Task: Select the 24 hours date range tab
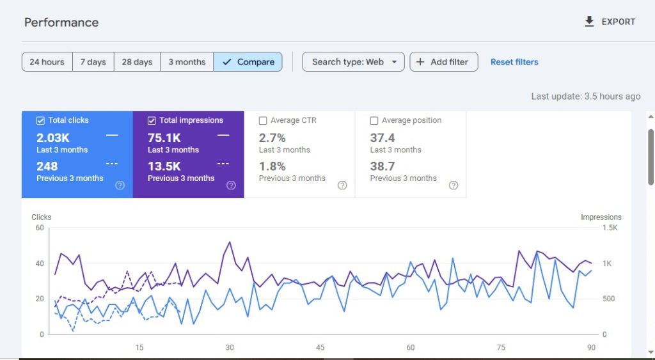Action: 47,62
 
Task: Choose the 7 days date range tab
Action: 93,62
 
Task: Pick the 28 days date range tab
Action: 137,62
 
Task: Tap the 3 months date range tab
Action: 187,62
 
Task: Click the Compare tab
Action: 248,62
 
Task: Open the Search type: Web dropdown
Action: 353,62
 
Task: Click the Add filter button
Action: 443,62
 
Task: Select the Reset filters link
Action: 514,62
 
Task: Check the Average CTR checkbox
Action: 263,120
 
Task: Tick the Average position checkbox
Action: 374,120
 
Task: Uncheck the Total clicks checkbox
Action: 41,120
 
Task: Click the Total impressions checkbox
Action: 152,120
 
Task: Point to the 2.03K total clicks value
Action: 53,137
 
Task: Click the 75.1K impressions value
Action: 164,137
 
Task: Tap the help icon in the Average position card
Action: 454,185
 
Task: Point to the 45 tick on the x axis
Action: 320,348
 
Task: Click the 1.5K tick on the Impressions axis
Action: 609,228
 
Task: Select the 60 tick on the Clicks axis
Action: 40,228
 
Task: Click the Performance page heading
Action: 61,22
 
